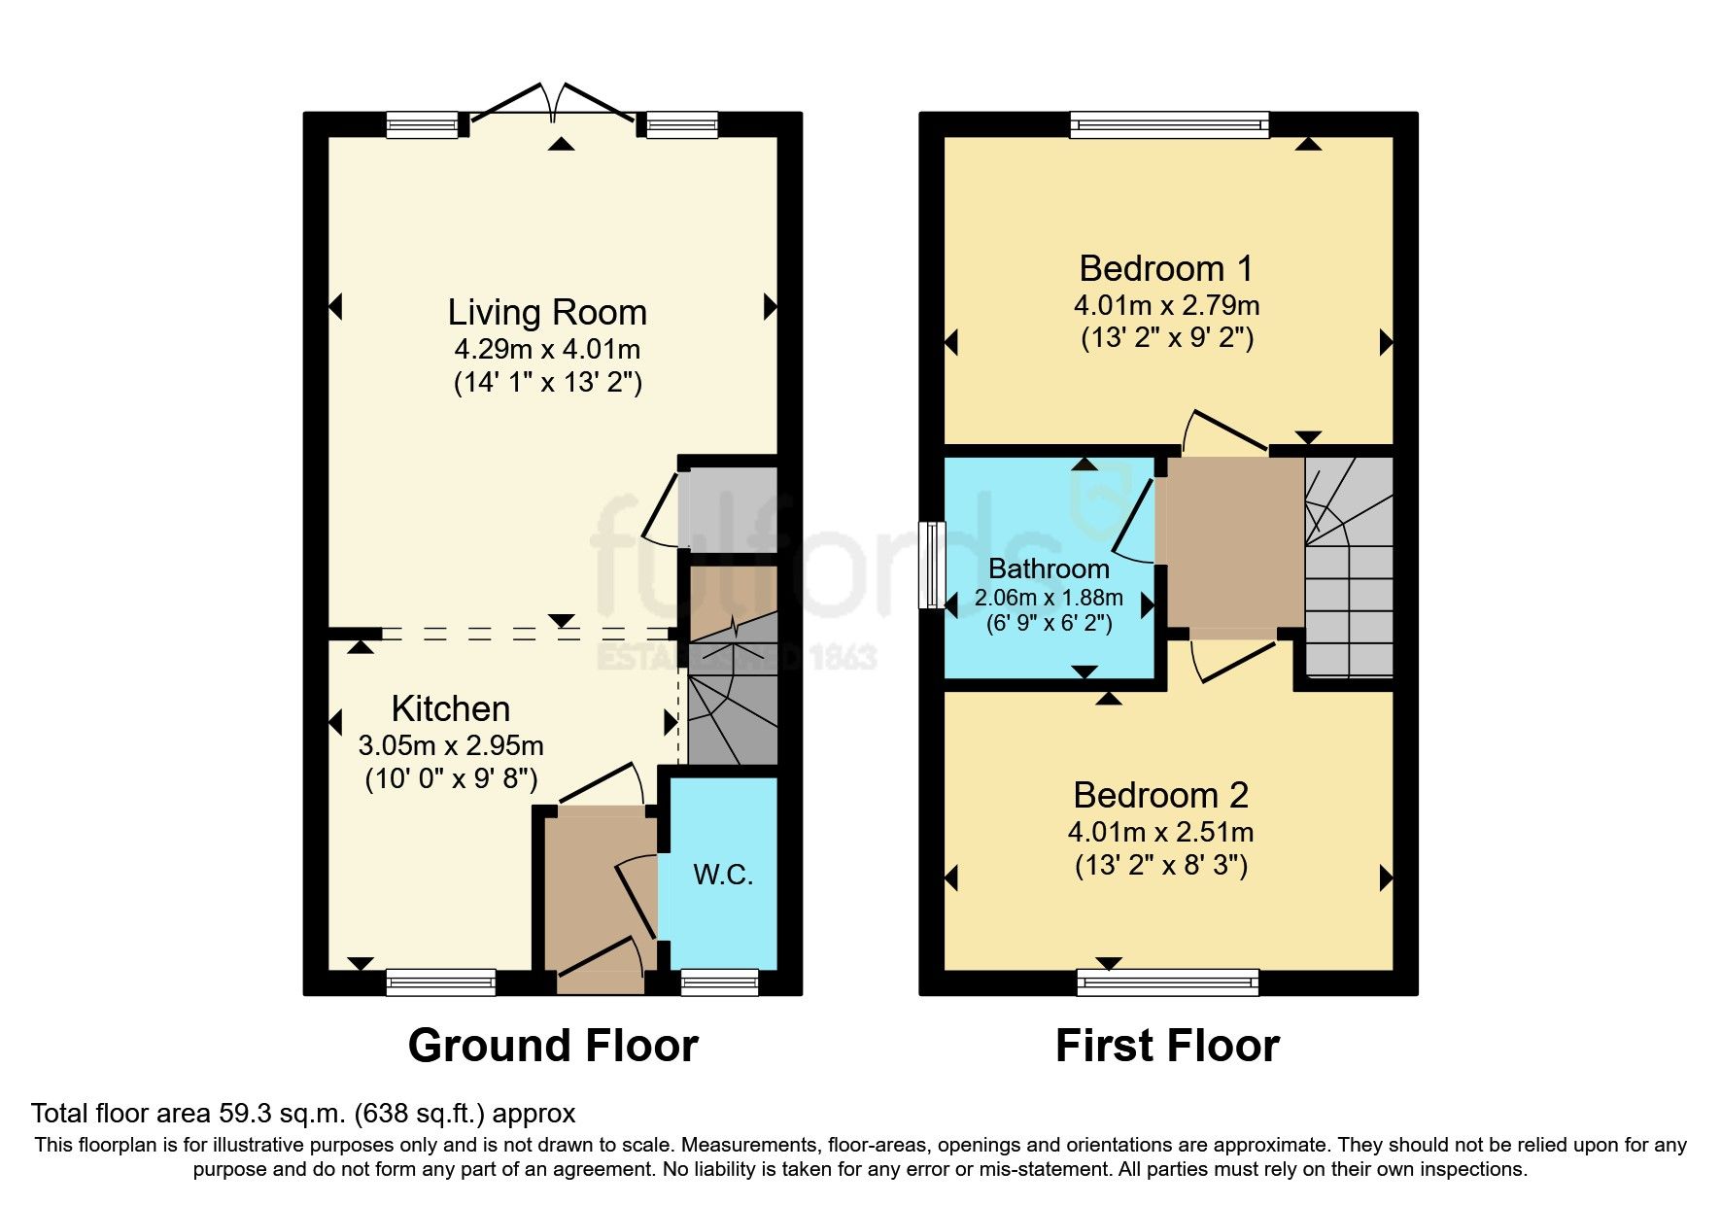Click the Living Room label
[x=547, y=313]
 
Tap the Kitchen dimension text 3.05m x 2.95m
[x=451, y=746]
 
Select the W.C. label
[x=723, y=875]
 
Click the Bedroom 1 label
[x=1166, y=269]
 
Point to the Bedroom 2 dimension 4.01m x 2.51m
[x=1160, y=833]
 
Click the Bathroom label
[x=1049, y=568]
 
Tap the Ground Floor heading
[x=553, y=1047]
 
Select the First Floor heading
[x=1167, y=1047]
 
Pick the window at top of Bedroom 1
[x=1169, y=124]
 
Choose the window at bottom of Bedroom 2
[x=1167, y=982]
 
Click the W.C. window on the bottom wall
[x=719, y=982]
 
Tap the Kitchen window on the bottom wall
[x=441, y=982]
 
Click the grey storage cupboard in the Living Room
[x=729, y=510]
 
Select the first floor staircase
[x=1349, y=568]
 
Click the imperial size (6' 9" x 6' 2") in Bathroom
[x=1049, y=624]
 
